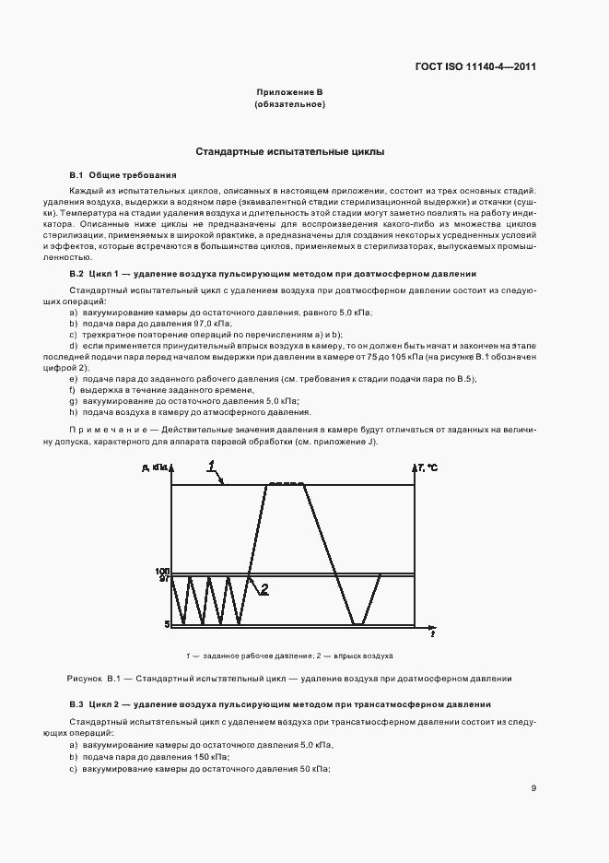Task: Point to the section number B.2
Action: click(x=76, y=274)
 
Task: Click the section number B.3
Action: click(x=76, y=704)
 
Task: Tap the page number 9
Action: click(x=533, y=787)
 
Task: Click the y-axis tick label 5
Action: click(x=166, y=625)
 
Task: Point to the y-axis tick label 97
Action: click(x=162, y=580)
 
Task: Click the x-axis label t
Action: click(x=433, y=634)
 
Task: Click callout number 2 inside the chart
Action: click(x=264, y=589)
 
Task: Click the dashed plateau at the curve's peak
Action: click(x=286, y=484)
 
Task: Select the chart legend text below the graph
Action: click(x=289, y=656)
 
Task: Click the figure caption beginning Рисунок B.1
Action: click(x=289, y=679)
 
